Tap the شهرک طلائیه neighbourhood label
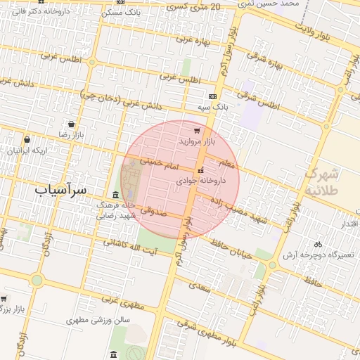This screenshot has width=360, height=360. point(323,181)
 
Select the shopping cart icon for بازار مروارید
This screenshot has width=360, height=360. point(196,130)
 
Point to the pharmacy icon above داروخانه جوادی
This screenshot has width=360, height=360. point(202,170)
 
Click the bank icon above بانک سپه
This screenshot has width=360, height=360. point(213,96)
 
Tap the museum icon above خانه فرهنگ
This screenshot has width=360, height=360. point(116,194)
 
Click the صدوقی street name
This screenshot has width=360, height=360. point(151,210)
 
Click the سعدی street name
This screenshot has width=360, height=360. point(202,286)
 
